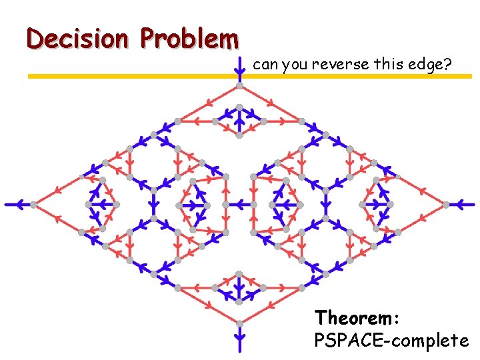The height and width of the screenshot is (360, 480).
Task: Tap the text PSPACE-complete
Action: click(391, 341)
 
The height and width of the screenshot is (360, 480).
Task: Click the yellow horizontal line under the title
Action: click(133, 77)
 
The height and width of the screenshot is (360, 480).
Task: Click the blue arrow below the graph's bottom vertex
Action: click(239, 336)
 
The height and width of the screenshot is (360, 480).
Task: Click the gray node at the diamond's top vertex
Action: click(239, 87)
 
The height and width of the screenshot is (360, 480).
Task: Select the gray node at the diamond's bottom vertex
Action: click(239, 321)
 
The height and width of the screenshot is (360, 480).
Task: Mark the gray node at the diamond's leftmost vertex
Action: click(35, 204)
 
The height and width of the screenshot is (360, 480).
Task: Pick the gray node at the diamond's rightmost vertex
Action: click(444, 204)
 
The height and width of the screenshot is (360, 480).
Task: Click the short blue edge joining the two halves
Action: click(239, 204)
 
